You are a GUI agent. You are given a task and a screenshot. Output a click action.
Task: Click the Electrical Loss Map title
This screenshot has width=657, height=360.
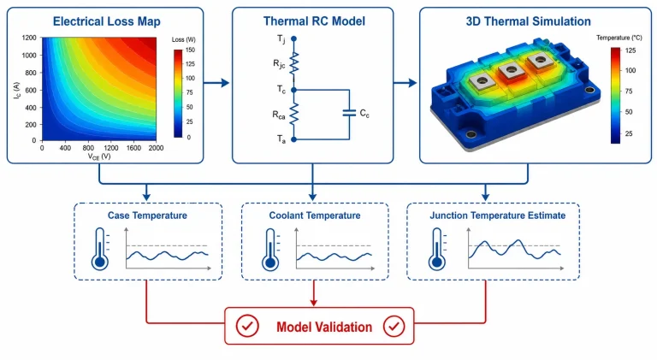click(106, 21)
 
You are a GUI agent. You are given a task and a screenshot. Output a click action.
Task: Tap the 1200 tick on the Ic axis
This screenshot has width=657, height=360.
click(29, 38)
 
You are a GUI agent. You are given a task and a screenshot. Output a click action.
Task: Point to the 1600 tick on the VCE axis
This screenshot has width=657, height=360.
click(133, 148)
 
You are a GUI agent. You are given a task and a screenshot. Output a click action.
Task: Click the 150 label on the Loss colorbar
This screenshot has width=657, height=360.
click(190, 50)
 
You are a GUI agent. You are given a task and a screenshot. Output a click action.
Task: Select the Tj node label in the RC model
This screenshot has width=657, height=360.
click(281, 39)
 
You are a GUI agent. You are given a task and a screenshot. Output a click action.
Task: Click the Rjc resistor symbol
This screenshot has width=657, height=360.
click(294, 63)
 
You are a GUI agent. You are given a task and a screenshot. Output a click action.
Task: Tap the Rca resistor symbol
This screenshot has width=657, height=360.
click(294, 114)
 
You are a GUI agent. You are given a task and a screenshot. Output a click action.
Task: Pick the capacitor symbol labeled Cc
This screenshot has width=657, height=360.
click(349, 113)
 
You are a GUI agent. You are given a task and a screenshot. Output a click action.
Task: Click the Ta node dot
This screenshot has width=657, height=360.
click(293, 139)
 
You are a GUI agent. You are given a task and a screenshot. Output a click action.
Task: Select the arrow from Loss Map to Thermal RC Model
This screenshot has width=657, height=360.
click(216, 83)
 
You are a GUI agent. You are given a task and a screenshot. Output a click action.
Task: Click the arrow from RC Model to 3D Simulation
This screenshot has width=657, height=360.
click(405, 83)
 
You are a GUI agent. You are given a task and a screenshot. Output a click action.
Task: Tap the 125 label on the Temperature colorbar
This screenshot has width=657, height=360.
click(630, 50)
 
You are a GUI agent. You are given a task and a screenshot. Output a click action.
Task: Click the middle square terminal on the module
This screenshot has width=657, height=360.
click(511, 70)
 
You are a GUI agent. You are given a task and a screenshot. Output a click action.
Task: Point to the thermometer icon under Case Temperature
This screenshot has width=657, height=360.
click(100, 249)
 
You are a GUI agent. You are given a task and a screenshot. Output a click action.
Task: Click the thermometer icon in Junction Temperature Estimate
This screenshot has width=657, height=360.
click(437, 249)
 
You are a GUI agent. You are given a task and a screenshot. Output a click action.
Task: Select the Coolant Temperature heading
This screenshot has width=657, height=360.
click(315, 215)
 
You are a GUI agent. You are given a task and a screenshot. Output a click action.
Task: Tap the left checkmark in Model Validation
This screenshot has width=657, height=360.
click(247, 326)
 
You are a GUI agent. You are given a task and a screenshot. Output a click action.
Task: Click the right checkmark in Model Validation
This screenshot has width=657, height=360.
click(394, 326)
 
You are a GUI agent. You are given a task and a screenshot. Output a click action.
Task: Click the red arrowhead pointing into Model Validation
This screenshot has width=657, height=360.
click(314, 302)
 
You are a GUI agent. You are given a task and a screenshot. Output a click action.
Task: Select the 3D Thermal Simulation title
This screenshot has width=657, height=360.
click(529, 21)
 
